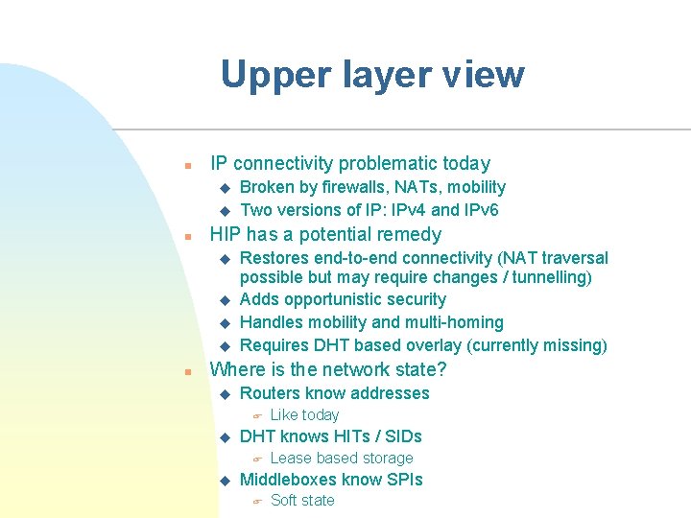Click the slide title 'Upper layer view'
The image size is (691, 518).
[x=372, y=75]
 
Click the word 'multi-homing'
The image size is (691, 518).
[x=454, y=322]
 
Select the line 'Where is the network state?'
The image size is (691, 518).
[x=328, y=370]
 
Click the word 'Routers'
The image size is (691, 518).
[x=271, y=393]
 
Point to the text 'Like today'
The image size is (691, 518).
[x=304, y=415]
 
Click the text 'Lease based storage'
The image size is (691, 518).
[x=342, y=459]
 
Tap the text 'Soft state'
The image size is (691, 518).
[x=302, y=501]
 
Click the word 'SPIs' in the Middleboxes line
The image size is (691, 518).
[x=403, y=480]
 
